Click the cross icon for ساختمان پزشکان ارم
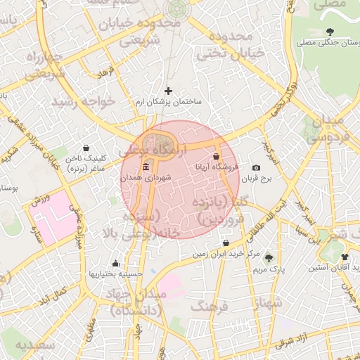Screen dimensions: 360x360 pos(167,91)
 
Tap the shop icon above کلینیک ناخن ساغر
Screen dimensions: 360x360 pos(86,148)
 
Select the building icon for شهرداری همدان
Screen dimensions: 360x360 pos(146,167)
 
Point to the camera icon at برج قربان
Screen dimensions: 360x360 pos(256,167)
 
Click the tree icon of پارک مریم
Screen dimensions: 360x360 pos(267,257)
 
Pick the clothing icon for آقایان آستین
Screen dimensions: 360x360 pos(345,257)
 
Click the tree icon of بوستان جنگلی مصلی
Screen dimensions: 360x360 pos(330,32)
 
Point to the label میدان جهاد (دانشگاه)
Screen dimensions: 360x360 pos(136,301)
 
